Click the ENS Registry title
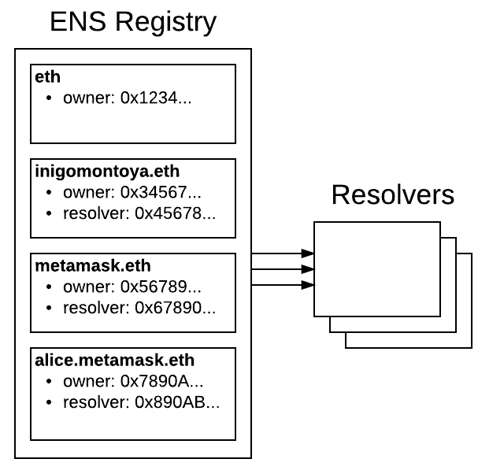click(132, 22)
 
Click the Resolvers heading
click(392, 194)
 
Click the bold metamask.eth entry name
click(83, 265)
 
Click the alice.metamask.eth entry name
click(114, 360)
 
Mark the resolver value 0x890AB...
click(177, 402)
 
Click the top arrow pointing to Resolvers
click(283, 254)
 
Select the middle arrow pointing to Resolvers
click(283, 269)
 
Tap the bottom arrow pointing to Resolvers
click(283, 284)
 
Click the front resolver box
click(376, 268)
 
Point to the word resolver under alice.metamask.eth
click(89, 402)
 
